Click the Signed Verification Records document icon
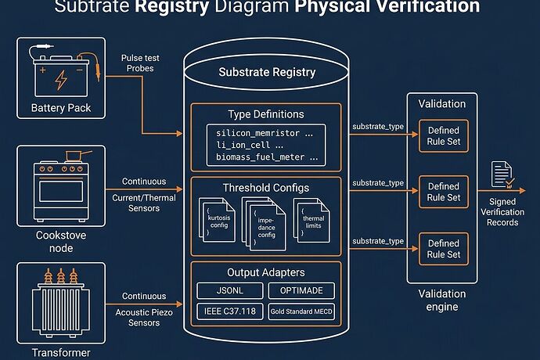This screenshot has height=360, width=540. click(x=501, y=176)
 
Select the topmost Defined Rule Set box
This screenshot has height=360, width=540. click(x=443, y=135)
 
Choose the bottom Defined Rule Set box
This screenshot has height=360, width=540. click(x=443, y=249)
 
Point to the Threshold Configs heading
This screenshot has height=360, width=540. click(x=265, y=188)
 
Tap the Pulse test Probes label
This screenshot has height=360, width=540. click(x=142, y=63)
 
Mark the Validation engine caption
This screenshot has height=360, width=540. click(x=443, y=301)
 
